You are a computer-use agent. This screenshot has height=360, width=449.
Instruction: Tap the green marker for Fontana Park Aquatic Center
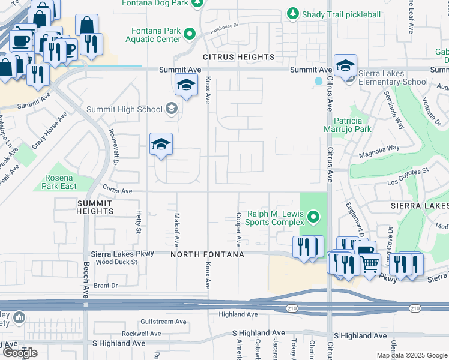click(190, 34)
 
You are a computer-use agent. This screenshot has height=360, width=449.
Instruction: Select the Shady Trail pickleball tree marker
click(292, 13)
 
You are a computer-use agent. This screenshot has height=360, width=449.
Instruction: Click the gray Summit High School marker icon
click(172, 109)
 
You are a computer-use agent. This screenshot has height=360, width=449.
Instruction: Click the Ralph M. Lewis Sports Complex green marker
click(312, 216)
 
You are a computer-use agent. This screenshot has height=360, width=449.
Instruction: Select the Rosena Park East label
click(59, 182)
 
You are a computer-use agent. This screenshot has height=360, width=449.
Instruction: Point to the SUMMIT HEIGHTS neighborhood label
click(95, 207)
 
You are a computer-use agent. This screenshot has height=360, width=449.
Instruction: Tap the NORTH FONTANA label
click(207, 255)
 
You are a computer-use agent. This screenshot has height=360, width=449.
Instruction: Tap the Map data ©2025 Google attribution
click(411, 355)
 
